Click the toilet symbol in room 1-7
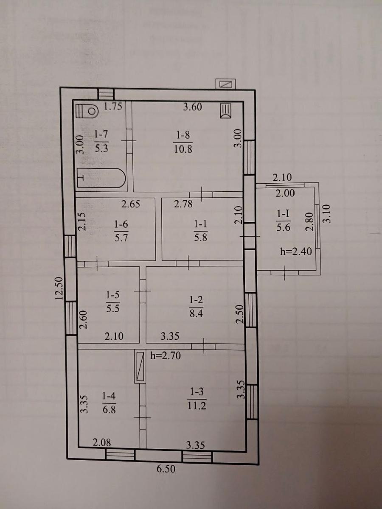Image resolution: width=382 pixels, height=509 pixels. [87, 111]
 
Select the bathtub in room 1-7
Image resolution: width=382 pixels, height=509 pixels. [101, 178]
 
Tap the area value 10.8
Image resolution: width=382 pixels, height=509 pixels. [183, 149]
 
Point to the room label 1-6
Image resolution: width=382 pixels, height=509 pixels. [121, 224]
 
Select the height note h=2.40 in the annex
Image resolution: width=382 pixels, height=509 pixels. [296, 251]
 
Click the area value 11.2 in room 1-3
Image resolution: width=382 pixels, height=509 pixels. [197, 406]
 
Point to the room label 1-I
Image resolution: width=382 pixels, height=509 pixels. [283, 214]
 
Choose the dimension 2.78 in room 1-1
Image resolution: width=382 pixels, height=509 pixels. [183, 204]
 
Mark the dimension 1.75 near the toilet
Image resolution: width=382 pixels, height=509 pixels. [113, 106]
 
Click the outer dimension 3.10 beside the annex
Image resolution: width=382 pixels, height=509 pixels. [326, 213]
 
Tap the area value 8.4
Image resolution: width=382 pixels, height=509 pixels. [196, 314]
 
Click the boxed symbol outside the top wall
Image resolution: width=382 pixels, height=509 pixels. [226, 84]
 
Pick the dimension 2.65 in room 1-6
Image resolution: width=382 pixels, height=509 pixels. [131, 204]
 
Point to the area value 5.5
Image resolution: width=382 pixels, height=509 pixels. [113, 308]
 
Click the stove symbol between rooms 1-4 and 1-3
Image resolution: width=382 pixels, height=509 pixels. [140, 366]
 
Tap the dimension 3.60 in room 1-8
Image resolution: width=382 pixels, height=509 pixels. [193, 107]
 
